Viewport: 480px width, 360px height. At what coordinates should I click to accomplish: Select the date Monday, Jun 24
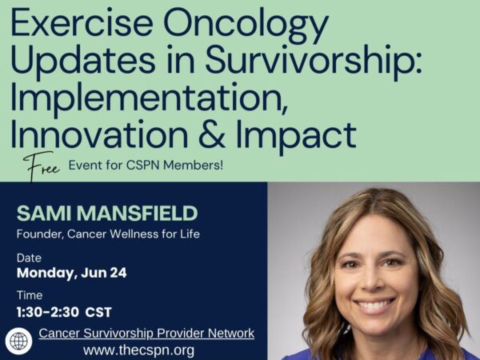tap(72, 274)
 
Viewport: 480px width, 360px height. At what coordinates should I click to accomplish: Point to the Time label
tap(30, 295)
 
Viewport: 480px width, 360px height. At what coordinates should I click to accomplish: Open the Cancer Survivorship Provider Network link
tap(146, 333)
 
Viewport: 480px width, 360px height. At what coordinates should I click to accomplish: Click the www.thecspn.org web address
tap(138, 350)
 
